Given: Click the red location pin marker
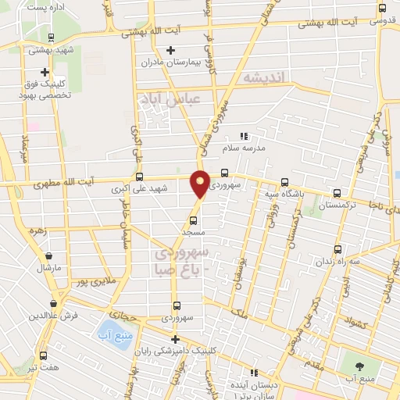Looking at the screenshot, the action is pyautogui.click(x=201, y=183).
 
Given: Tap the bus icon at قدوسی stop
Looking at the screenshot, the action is pyautogui.click(x=381, y=8).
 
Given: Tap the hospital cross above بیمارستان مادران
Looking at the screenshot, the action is pyautogui.click(x=170, y=50).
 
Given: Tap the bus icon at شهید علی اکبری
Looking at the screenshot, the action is pyautogui.click(x=140, y=177).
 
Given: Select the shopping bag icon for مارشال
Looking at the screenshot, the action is pyautogui.click(x=48, y=255).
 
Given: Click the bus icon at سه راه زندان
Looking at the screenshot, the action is pyautogui.click(x=339, y=248).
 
